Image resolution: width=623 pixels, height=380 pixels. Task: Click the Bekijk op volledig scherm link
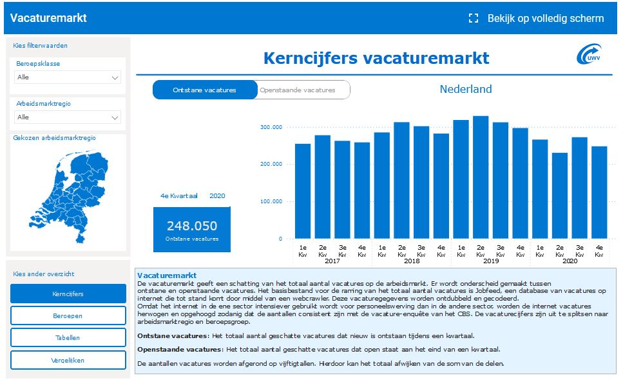click(537, 18)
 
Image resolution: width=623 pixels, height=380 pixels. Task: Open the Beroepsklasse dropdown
click(68, 77)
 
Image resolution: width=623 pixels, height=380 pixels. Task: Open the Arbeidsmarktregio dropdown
click(68, 117)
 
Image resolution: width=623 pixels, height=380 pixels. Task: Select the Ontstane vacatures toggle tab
click(205, 90)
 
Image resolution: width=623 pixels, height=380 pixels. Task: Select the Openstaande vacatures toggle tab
click(303, 90)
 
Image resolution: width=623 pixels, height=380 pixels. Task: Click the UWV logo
click(589, 54)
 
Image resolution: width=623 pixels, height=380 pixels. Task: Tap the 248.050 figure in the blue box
click(192, 226)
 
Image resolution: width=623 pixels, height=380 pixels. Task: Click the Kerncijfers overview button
click(68, 294)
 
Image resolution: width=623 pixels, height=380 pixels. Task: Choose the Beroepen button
click(68, 316)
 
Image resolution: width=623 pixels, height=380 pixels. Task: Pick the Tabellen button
click(68, 338)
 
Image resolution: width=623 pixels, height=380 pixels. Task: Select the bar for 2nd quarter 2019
click(481, 177)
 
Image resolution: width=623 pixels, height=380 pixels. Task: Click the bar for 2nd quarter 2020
click(560, 195)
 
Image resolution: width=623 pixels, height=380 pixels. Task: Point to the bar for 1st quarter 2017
click(303, 192)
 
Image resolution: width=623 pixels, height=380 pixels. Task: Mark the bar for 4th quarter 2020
click(599, 193)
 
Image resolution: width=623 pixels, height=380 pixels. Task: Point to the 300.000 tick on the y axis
click(271, 127)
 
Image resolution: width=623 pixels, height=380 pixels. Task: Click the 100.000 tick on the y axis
click(271, 201)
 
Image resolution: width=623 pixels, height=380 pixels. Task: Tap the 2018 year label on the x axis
click(412, 261)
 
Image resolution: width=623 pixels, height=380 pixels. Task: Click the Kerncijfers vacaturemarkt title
click(376, 58)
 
